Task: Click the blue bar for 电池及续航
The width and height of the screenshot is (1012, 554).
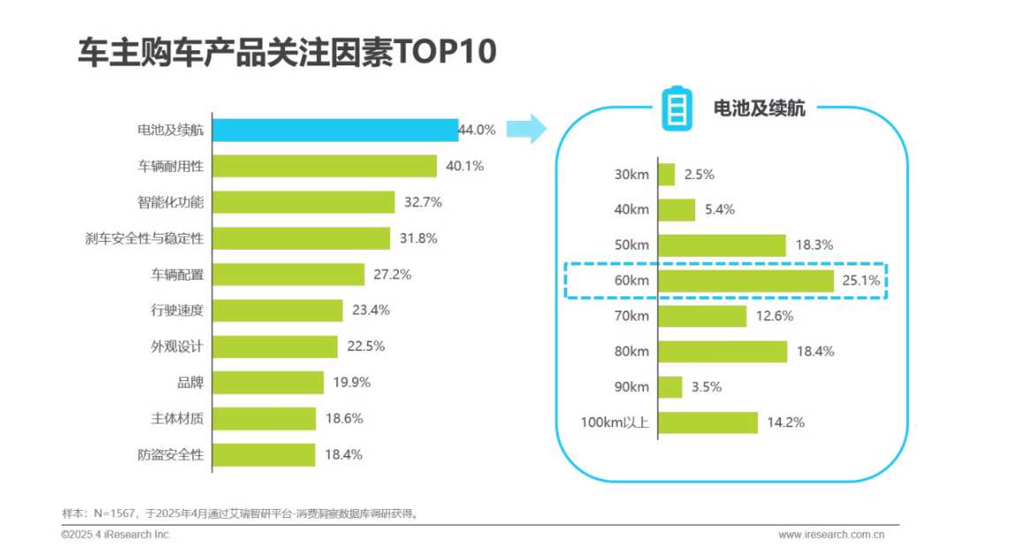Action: click(335, 130)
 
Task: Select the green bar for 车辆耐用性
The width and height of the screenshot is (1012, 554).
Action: click(324, 166)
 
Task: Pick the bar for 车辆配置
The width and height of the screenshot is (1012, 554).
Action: click(288, 274)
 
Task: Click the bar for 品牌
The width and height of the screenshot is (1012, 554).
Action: click(267, 383)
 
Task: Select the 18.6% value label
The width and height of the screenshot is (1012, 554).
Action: click(344, 419)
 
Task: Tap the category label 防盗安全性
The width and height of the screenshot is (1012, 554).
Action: click(170, 455)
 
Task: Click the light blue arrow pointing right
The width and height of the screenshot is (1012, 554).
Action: click(528, 129)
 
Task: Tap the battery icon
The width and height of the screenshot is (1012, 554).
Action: click(678, 108)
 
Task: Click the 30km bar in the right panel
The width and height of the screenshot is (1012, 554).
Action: click(667, 174)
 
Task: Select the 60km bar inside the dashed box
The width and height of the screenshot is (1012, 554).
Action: click(746, 281)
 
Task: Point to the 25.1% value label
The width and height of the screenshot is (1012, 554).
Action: click(861, 281)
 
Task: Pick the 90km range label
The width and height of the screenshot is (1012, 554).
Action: click(631, 387)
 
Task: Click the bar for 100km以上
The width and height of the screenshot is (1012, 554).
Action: click(708, 423)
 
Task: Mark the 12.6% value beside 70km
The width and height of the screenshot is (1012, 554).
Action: click(774, 316)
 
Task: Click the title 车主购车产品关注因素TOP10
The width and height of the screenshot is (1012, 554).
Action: click(287, 52)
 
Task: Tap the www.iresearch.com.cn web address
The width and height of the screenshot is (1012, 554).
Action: click(831, 535)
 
